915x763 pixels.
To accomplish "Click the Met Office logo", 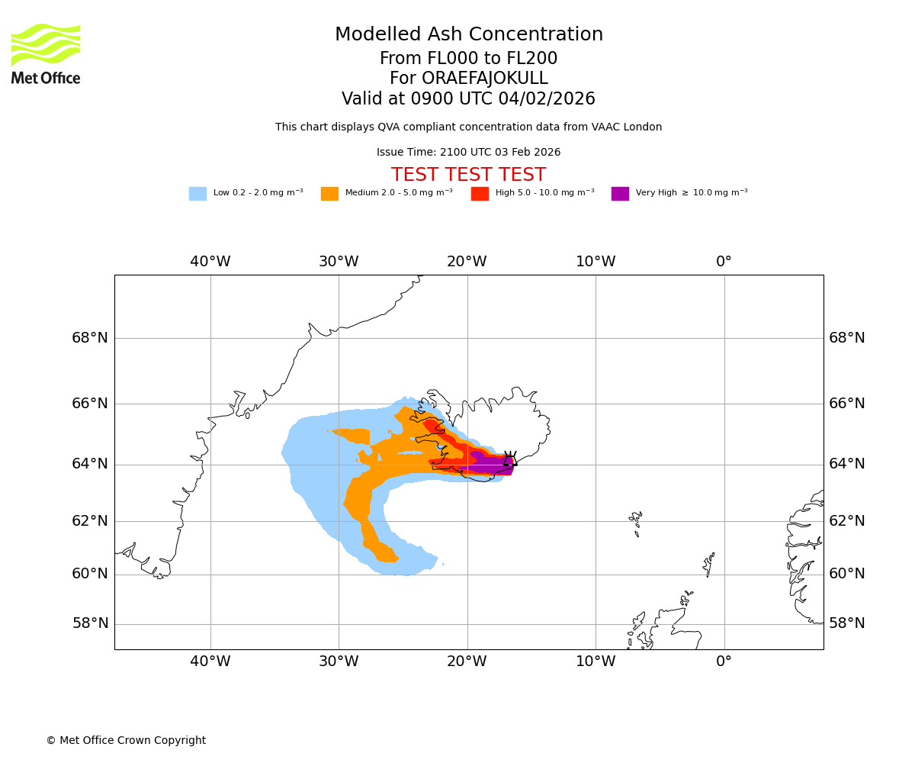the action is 46,53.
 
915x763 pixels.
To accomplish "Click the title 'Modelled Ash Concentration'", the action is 469,35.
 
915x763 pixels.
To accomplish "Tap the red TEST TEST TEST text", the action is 469,175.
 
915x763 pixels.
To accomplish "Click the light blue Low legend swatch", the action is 197,194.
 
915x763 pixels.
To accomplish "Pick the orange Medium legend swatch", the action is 329,194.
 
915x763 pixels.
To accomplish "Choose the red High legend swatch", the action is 480,194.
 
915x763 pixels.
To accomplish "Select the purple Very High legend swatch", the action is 620,194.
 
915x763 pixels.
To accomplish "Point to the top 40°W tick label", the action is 210,262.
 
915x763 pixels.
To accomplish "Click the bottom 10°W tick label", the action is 596,662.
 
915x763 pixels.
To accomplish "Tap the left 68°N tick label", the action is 90,337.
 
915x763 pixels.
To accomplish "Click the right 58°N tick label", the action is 847,623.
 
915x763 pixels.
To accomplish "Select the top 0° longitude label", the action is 724,262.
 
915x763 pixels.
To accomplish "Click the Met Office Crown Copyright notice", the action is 126,741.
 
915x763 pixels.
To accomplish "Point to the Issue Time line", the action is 469,153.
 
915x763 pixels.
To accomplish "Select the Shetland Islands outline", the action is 709,565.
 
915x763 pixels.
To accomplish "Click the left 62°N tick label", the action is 90,521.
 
